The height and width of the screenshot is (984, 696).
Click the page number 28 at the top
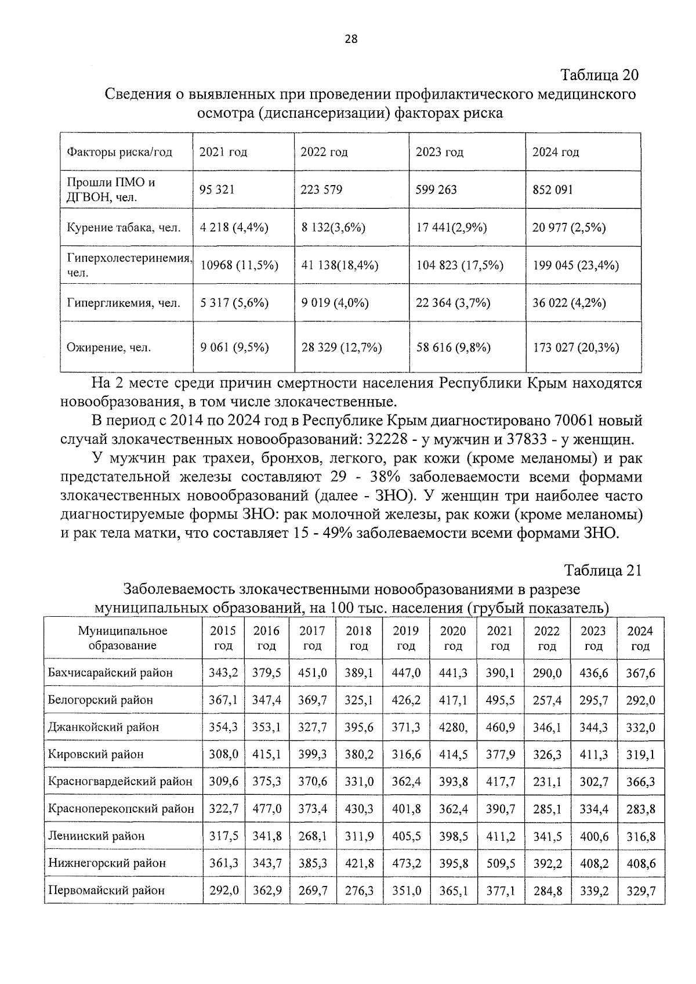click(x=351, y=39)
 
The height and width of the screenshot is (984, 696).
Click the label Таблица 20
click(x=600, y=75)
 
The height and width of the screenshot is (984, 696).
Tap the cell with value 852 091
click(x=552, y=190)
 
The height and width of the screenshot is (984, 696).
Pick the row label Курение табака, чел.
click(x=124, y=227)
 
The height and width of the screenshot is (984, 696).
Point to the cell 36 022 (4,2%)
click(x=569, y=303)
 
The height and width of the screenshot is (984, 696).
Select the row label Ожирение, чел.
click(x=109, y=348)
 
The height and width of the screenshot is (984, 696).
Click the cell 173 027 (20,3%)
click(x=575, y=348)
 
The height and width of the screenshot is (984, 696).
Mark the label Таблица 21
click(x=603, y=570)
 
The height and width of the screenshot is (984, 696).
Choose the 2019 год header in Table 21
click(x=405, y=638)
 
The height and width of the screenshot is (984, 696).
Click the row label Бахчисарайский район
click(x=110, y=673)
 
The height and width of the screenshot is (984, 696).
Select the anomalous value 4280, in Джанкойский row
click(x=453, y=727)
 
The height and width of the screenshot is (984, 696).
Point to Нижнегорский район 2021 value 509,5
click(x=500, y=863)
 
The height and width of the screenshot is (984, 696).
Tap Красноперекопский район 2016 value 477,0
click(x=266, y=809)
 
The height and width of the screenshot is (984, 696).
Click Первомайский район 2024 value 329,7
click(x=640, y=891)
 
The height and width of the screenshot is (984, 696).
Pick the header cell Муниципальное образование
click(x=122, y=638)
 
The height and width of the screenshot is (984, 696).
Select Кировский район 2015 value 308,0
click(x=223, y=754)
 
